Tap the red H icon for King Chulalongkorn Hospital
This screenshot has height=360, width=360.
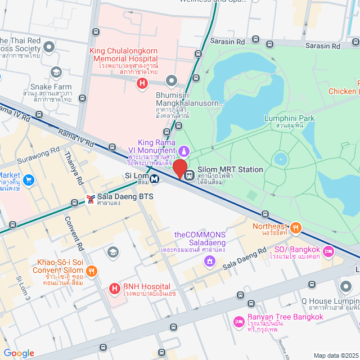pos(142,84)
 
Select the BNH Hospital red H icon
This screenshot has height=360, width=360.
pos(115,289)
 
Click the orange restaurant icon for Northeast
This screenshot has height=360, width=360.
pos(296,228)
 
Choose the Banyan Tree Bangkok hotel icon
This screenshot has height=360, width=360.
pos(238,321)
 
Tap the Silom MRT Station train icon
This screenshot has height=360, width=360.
pos(190,174)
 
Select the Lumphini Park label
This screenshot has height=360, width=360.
pos(289,118)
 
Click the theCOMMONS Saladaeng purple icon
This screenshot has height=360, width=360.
pos(209,260)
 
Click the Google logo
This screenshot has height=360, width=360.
pos(19,353)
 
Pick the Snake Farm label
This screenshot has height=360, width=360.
pos(48,87)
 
